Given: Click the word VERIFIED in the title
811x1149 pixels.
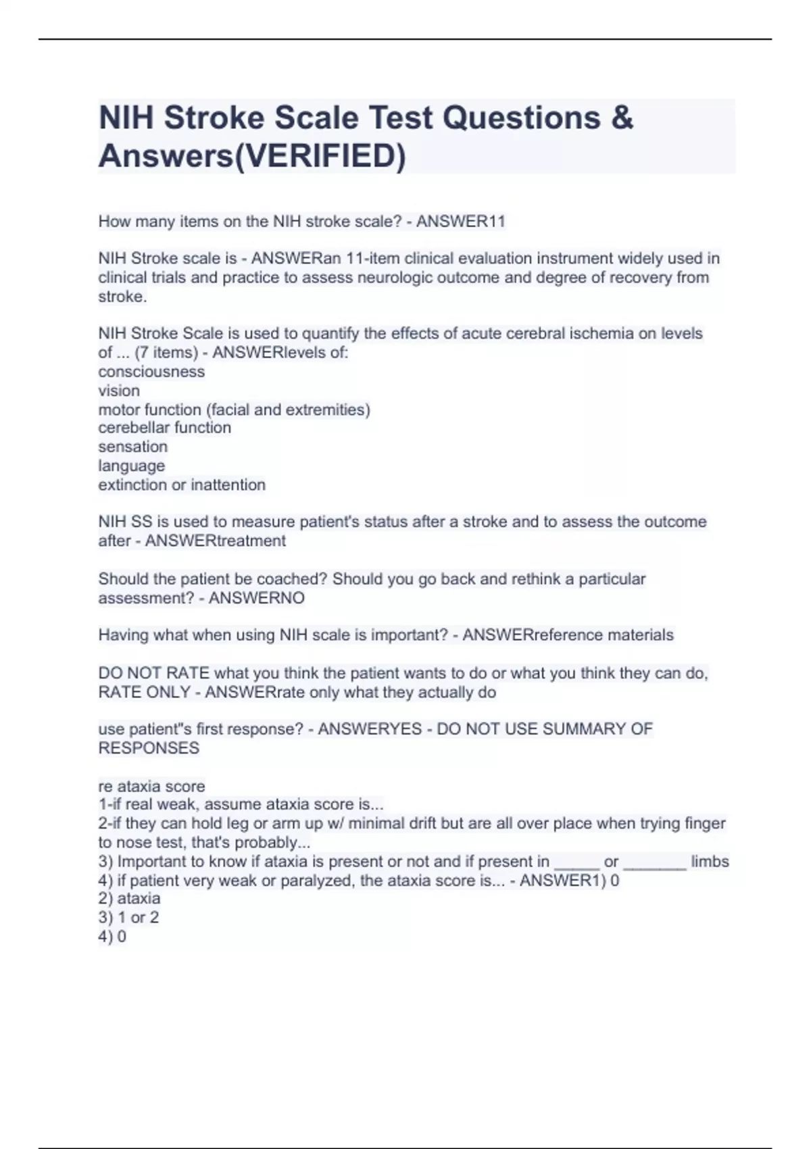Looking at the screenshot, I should click(x=318, y=156).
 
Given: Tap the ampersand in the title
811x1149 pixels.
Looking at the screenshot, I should click(x=622, y=118).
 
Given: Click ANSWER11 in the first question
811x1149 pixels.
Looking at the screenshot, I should click(x=461, y=222).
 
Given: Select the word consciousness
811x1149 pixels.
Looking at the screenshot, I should click(x=151, y=372).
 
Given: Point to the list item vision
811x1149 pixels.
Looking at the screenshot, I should click(x=119, y=391).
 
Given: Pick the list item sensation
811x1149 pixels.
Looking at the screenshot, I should click(x=133, y=447).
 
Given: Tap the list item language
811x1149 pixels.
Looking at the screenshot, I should click(x=132, y=466).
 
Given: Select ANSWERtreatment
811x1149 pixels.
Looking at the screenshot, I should click(x=216, y=541).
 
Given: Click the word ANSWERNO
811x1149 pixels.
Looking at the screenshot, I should click(x=257, y=598).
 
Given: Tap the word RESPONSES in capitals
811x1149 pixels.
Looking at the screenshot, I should click(x=149, y=748).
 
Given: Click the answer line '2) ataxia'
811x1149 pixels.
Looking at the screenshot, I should click(x=130, y=899).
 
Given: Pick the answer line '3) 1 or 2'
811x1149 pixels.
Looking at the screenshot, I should click(x=128, y=918).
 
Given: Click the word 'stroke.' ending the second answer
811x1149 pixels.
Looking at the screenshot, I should click(x=122, y=297).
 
